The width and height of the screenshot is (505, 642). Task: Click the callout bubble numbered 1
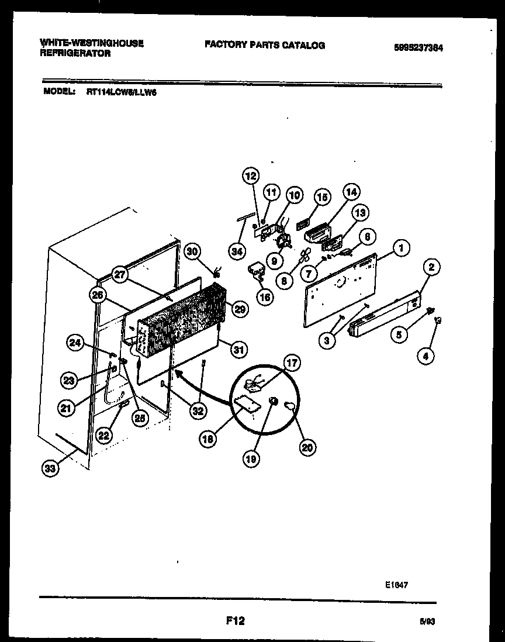pyautogui.click(x=401, y=248)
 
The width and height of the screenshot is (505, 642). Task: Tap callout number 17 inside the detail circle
pyautogui.click(x=292, y=364)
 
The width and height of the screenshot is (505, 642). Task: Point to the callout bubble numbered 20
pyautogui.click(x=307, y=447)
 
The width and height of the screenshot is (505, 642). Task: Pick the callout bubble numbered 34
pyautogui.click(x=236, y=252)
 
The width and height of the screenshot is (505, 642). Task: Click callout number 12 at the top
pyautogui.click(x=250, y=175)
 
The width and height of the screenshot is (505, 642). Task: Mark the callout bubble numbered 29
pyautogui.click(x=240, y=309)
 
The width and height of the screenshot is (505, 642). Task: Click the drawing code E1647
pyautogui.click(x=396, y=583)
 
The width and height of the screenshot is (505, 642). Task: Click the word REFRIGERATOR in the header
pyautogui.click(x=75, y=53)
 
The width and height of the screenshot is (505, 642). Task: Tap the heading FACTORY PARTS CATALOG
pyautogui.click(x=264, y=45)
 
